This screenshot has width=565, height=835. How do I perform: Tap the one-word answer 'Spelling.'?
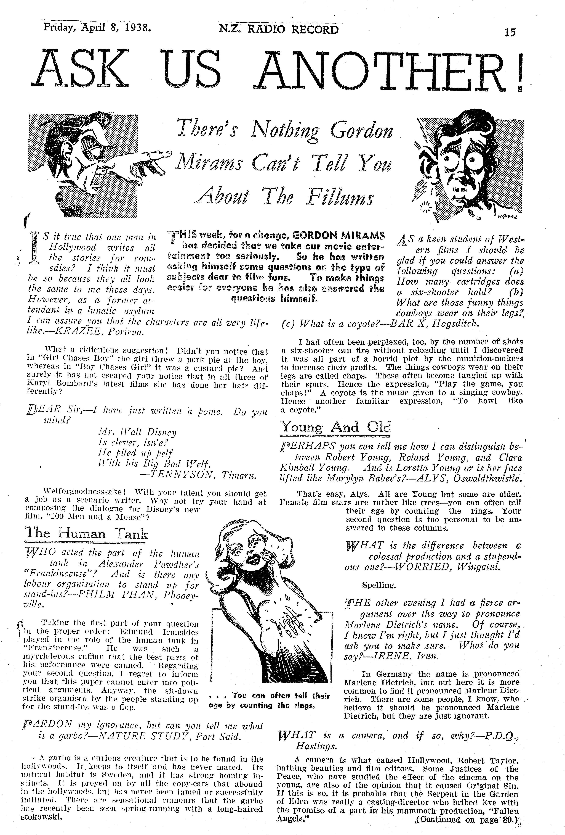click(x=379, y=585)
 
